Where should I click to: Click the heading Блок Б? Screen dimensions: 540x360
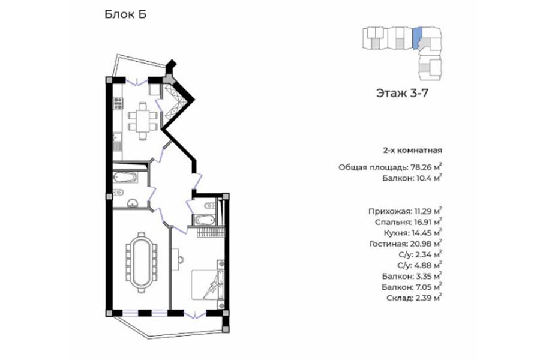[125, 14]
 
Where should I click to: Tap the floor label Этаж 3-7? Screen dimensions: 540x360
[402, 93]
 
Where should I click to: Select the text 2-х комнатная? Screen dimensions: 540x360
[413, 151]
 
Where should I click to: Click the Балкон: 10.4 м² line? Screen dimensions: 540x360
[412, 178]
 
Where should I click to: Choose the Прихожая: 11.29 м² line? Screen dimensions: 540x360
[405, 211]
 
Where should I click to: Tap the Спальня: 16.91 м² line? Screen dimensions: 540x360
[409, 222]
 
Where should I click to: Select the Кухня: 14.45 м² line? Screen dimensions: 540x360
[413, 233]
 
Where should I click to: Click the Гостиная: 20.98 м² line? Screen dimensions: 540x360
[406, 244]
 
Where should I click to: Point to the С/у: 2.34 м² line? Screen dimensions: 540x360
[419, 254]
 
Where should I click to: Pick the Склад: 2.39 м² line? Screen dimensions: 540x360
[414, 298]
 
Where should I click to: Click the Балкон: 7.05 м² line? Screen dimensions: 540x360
[412, 287]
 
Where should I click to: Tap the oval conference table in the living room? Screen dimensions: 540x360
[141, 263]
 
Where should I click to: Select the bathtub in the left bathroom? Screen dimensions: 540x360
[125, 178]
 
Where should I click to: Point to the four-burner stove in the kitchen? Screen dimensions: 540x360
[118, 103]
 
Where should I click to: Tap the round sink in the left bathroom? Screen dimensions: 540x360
[132, 203]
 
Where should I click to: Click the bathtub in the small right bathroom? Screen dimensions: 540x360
[204, 220]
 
